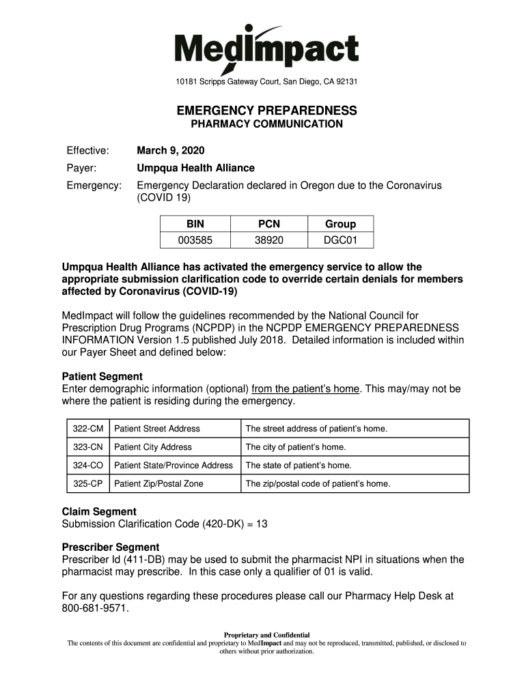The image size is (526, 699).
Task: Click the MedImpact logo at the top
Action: point(266,48)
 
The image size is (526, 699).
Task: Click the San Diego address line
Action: point(266,83)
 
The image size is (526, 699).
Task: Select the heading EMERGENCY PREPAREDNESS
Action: point(266,111)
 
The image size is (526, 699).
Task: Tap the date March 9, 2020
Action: point(171,150)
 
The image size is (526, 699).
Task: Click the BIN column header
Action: point(195,224)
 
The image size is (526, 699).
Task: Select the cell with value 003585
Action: point(195,240)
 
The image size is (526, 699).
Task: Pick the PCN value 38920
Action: point(269,240)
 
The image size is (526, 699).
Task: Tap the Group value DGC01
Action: point(340,240)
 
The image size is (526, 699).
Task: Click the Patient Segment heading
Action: point(102,376)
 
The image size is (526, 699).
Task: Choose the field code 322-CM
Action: point(88,429)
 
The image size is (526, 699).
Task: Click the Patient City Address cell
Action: point(153,447)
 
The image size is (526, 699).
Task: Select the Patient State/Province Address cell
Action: point(174,466)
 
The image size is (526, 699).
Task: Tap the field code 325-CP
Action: point(88,484)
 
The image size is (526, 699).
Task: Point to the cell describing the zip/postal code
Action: point(318,484)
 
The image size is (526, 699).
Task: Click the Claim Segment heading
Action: point(99,511)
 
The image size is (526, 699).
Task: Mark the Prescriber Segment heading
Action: point(111,547)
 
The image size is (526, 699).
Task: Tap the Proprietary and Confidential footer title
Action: point(266,635)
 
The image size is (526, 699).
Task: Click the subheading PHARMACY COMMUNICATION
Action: point(266,124)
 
